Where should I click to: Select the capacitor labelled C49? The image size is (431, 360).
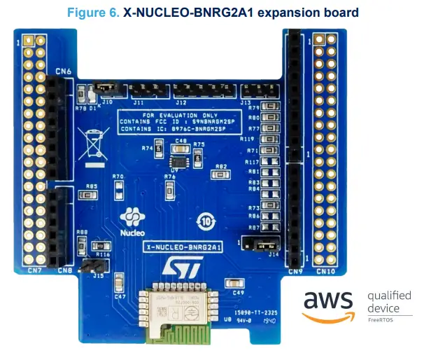tap(231, 283)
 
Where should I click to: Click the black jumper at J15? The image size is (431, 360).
tap(89, 266)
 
